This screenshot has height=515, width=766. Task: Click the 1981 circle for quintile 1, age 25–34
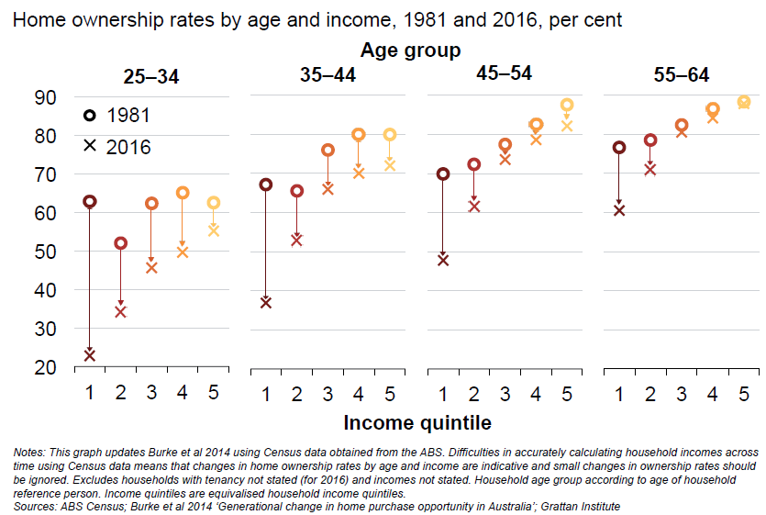(x=90, y=201)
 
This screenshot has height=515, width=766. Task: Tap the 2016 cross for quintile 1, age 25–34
(x=90, y=354)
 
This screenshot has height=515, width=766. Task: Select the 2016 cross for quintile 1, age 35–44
(x=266, y=302)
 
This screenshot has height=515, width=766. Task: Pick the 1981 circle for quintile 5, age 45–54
(x=567, y=106)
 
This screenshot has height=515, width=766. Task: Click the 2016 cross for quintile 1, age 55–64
(x=619, y=210)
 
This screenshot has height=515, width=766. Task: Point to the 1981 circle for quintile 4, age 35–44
(x=359, y=135)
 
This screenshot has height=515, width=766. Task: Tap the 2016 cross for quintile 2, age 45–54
(x=474, y=206)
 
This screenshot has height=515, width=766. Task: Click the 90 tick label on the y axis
(x=45, y=97)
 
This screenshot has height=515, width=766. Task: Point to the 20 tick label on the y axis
(x=45, y=367)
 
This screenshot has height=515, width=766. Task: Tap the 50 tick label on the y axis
(x=45, y=252)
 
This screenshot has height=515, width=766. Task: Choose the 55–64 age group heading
(x=681, y=75)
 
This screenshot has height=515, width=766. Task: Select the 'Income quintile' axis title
(x=417, y=423)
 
